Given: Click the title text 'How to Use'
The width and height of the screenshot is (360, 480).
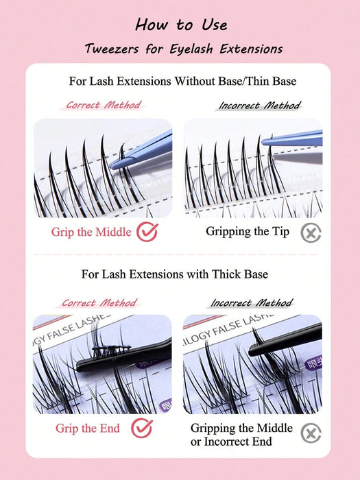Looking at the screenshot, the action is point(181,25).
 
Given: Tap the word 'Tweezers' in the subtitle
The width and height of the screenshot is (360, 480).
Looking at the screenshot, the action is point(112,49).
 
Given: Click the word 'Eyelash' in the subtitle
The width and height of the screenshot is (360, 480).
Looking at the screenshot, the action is point(191,49).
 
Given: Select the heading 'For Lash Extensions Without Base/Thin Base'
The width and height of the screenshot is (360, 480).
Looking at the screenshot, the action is point(183,81).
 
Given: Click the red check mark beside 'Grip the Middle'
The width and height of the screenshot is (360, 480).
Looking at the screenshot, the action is point(147,232).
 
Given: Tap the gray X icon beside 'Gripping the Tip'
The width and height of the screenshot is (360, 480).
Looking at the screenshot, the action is point(311,233).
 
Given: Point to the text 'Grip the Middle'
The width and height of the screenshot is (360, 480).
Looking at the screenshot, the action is point(91,232).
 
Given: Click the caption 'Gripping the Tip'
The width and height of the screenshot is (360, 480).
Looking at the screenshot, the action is point(248,232).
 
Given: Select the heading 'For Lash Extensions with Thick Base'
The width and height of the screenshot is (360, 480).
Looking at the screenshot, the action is point(174,274).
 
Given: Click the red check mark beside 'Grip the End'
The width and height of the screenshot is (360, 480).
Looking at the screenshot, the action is point(142,428).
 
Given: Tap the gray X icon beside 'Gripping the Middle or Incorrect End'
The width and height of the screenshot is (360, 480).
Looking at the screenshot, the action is point(311,433).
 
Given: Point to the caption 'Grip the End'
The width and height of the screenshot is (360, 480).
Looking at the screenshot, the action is point(88,429).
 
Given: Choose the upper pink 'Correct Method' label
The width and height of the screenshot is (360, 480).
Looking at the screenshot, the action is point(104,105).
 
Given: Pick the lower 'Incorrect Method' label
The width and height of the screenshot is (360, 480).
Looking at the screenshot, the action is point(252,303).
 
